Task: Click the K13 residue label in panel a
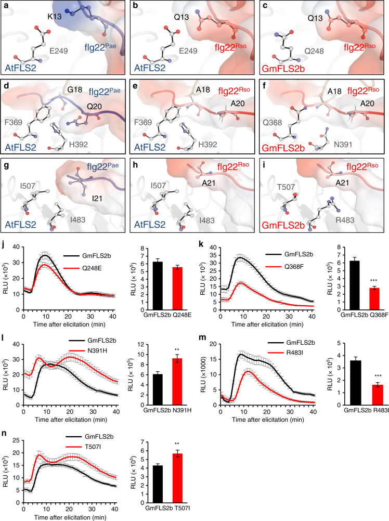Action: (x=55, y=16)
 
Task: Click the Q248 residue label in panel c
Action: (x=314, y=51)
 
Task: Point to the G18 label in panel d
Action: (x=74, y=89)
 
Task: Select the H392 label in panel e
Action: (x=208, y=145)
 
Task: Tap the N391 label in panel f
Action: (x=343, y=145)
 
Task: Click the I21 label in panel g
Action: (x=97, y=199)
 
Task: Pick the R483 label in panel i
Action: (x=345, y=220)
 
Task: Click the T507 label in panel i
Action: (x=286, y=187)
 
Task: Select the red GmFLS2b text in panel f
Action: (x=283, y=148)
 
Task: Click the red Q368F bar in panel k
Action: (x=375, y=298)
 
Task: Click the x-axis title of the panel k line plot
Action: (x=267, y=324)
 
